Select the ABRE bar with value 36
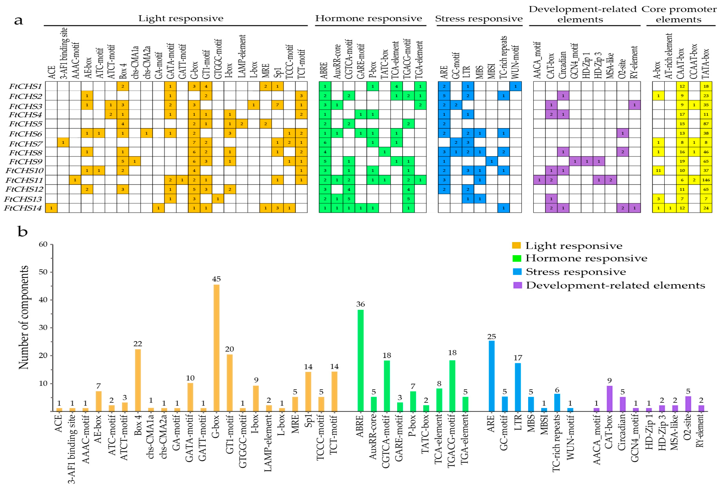pos(360,360)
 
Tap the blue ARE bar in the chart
pos(491,376)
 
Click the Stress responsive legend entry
pos(575,272)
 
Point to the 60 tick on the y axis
pos(43,244)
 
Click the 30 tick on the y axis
pos(43,328)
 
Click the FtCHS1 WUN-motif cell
pos(515,86)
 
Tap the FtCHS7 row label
pos(25,144)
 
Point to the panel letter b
pos(23,231)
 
